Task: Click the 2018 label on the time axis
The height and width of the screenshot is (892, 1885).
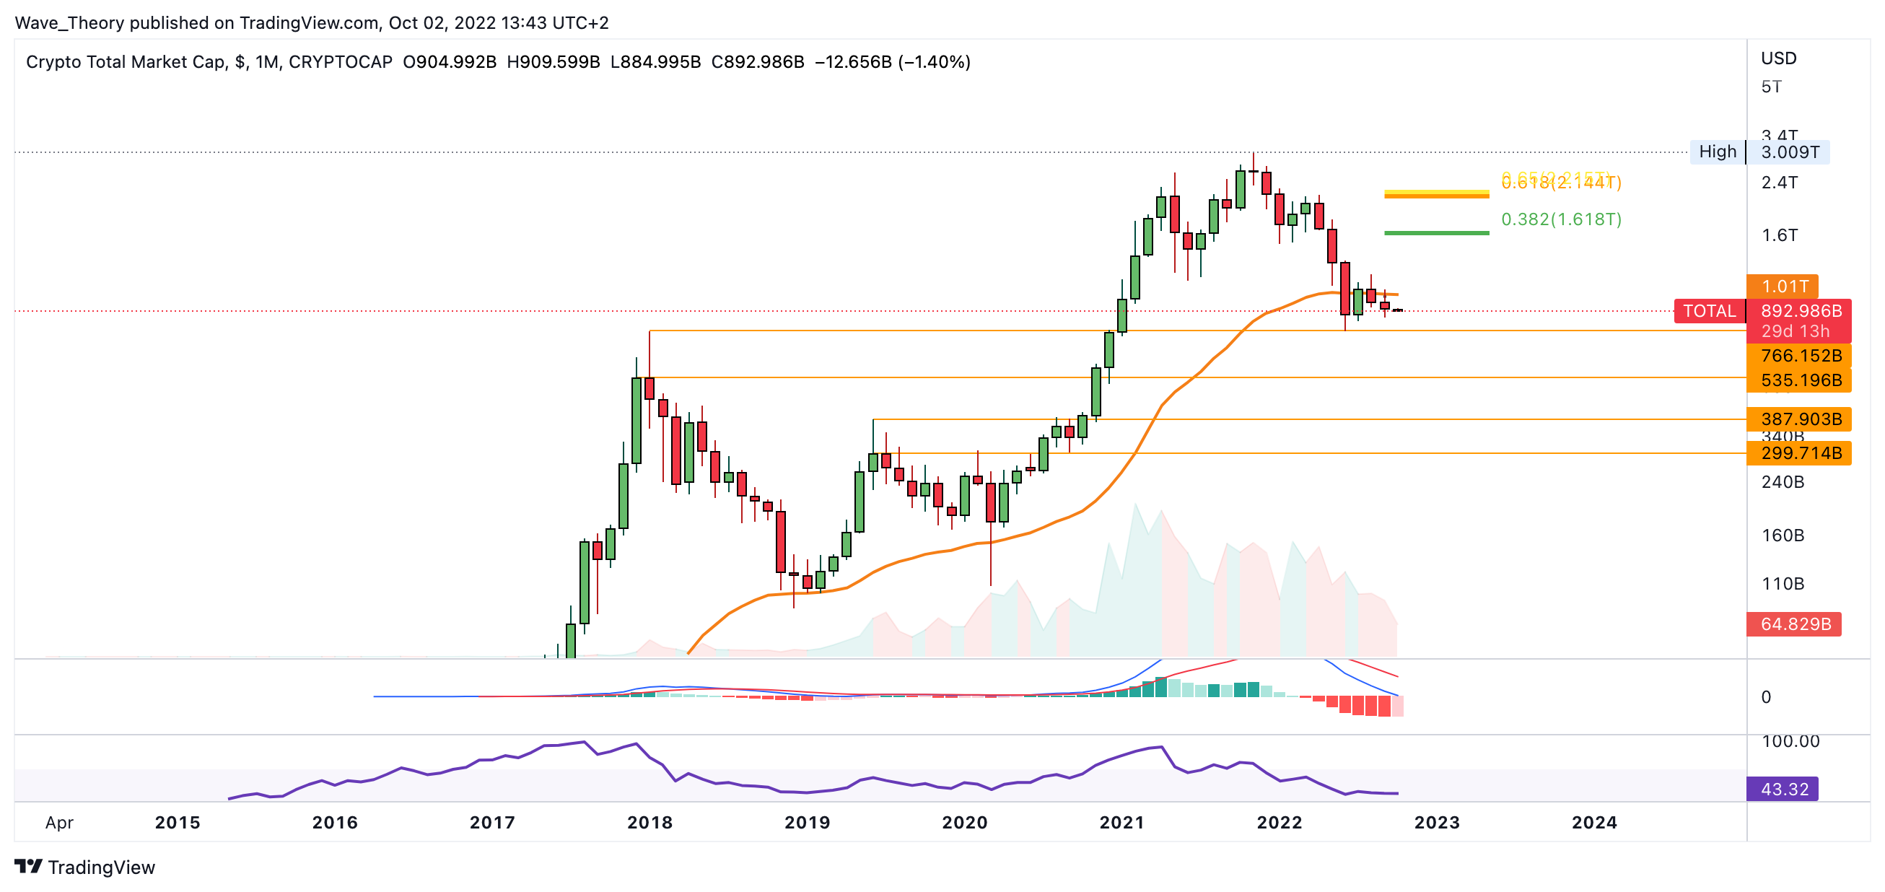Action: [649, 823]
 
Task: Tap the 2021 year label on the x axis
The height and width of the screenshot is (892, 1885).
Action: [1121, 823]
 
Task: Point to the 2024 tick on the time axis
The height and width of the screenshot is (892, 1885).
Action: [1593, 823]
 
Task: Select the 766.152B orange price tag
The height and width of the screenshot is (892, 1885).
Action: [1800, 356]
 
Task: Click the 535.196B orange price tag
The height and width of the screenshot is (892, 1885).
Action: [1800, 380]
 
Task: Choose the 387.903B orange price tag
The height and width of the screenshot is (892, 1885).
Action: [1800, 419]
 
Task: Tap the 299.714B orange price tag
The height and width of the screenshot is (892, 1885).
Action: [1800, 453]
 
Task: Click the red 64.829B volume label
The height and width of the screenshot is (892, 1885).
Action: [1795, 624]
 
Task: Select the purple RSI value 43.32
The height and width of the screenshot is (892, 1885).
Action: [1783, 789]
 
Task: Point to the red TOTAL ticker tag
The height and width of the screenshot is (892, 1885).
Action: [1710, 311]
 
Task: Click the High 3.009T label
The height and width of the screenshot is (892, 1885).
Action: [1759, 152]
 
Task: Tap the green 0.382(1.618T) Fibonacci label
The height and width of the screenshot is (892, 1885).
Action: [1561, 219]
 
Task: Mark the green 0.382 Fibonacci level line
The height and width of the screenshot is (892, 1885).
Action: [1435, 232]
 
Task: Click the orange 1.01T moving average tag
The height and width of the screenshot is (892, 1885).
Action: [1783, 286]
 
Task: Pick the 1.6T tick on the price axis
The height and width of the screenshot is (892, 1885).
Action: [1780, 235]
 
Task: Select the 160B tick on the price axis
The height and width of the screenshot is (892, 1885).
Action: [1783, 535]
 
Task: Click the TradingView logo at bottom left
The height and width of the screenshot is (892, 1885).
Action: [85, 867]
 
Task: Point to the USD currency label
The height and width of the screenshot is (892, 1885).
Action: [1778, 58]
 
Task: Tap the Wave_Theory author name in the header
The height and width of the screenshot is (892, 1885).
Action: [69, 22]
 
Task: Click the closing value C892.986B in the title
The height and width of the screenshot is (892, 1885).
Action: [757, 61]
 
